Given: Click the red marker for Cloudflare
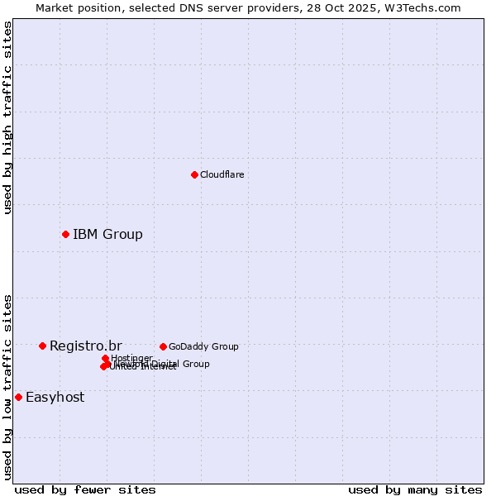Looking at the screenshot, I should click(x=194, y=174).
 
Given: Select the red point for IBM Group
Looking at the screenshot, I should click(x=65, y=234).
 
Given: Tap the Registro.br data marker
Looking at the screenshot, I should click(x=42, y=346).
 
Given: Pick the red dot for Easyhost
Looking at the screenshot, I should click(x=18, y=397).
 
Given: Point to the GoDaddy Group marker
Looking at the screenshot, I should click(x=163, y=346).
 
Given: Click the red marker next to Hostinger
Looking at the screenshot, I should click(x=105, y=358).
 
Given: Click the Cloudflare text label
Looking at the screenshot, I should click(x=222, y=174).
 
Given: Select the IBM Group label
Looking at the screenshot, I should click(x=107, y=234).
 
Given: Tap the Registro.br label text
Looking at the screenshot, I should click(x=85, y=346).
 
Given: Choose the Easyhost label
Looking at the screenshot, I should click(x=55, y=397).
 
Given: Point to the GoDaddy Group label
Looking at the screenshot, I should click(x=203, y=346).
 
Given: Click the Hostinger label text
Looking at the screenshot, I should click(x=131, y=358).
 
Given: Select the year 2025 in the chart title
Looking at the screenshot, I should click(x=373, y=7).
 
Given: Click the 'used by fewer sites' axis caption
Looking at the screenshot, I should click(x=85, y=489).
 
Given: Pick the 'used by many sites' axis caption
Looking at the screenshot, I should click(x=415, y=489).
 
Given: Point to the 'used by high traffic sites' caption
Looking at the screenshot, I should click(x=7, y=117).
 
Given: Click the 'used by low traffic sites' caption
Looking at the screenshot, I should click(x=7, y=387).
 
